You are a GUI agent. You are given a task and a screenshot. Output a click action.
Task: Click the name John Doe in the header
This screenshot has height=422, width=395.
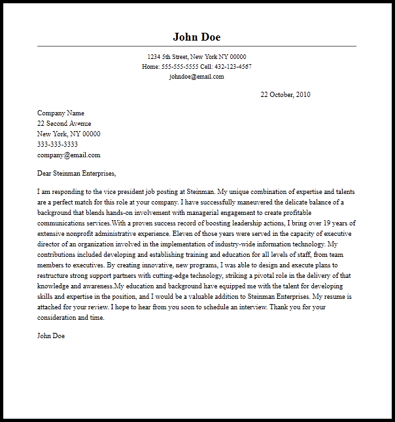[x=196, y=36]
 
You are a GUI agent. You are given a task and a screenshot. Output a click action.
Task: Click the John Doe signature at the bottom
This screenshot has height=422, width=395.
[x=51, y=336]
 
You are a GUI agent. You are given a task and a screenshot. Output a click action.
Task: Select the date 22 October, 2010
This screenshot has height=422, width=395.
[x=285, y=95]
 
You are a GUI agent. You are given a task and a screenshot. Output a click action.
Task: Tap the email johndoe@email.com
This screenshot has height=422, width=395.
[x=196, y=77]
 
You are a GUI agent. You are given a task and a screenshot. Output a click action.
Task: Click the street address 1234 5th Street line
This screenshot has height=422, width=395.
[x=196, y=57]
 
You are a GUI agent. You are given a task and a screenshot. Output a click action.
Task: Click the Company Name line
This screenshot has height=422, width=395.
[x=61, y=113]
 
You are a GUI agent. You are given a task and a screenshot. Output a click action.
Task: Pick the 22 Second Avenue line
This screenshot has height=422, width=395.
[x=64, y=124]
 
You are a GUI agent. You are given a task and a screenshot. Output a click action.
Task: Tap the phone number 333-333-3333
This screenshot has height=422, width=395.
[x=58, y=145]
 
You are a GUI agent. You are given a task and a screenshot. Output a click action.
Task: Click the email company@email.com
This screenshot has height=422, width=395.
[x=69, y=155]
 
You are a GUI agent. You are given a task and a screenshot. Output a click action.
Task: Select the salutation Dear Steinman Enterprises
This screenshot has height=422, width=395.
[x=77, y=174]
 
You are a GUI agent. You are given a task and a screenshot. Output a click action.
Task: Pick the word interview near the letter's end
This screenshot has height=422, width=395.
[x=253, y=307]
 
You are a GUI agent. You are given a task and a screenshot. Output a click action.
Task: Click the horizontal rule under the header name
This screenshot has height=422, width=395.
[x=196, y=46]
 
